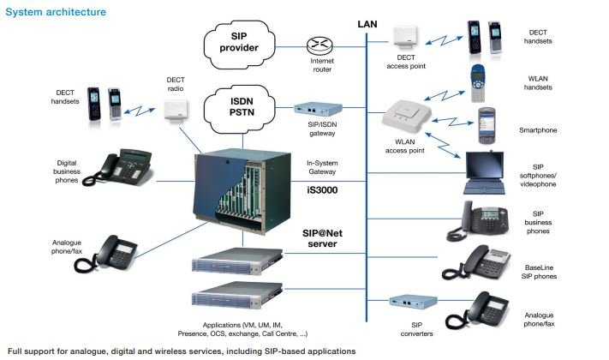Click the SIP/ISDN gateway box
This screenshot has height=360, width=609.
(x=319, y=110)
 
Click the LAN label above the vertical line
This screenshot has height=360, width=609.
(x=367, y=24)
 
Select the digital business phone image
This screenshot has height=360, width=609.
(x=124, y=165)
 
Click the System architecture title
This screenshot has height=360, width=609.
(x=57, y=13)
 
